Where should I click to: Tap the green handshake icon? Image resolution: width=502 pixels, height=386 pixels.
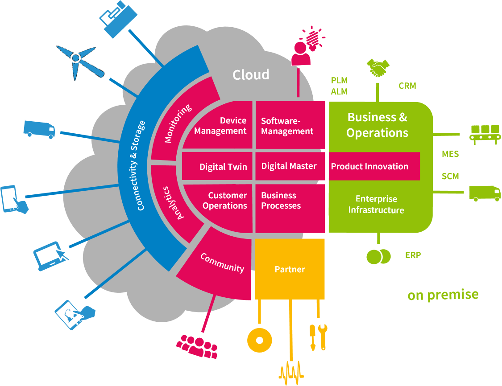(378, 68)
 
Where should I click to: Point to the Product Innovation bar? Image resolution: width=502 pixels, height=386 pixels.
(374, 166)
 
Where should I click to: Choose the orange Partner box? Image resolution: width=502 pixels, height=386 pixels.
(290, 269)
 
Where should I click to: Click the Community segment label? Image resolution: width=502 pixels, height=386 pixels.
(222, 263)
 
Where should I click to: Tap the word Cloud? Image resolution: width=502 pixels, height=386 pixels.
(251, 74)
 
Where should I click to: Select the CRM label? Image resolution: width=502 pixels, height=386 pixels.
(407, 86)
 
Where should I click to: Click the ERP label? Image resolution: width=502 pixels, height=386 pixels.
(413, 255)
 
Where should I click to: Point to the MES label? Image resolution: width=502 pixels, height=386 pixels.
(450, 154)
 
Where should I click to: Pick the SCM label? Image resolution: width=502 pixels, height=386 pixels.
(450, 176)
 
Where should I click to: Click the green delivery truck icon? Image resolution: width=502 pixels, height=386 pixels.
(485, 193)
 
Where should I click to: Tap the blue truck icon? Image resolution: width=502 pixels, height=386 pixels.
(39, 130)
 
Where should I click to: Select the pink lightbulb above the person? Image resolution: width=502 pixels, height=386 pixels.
(313, 38)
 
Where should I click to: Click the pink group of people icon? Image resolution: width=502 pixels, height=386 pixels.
(197, 346)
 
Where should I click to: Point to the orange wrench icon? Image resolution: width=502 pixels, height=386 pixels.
(323, 337)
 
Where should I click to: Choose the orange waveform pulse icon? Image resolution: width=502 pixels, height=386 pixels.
(291, 373)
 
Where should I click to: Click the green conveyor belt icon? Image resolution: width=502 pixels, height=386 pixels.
(485, 134)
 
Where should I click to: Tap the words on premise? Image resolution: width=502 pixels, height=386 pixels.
(443, 295)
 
